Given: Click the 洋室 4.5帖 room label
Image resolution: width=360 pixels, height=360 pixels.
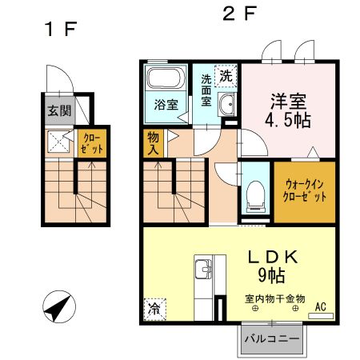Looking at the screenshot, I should click(290, 111).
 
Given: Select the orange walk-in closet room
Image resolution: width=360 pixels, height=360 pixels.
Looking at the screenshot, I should click(305, 192).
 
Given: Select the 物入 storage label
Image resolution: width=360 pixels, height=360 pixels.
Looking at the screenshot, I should click(152, 143).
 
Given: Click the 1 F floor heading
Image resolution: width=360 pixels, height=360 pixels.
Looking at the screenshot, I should click(60, 30).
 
